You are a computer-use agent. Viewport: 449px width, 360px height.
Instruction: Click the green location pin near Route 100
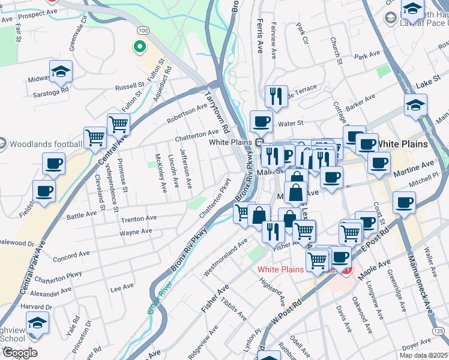point(139,46)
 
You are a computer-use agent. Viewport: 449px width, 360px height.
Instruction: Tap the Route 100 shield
point(143,30)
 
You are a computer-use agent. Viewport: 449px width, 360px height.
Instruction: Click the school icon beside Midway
point(61,72)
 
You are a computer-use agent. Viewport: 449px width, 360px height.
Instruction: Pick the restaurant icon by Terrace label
point(276,96)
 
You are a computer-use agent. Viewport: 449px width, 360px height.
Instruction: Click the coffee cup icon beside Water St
point(261,122)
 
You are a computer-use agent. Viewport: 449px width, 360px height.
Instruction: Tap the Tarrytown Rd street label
point(217,112)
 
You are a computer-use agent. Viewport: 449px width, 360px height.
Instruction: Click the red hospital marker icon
point(346,270)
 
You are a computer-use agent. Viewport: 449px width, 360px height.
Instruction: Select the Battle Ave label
point(82,214)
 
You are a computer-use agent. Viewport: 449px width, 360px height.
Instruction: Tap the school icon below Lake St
point(415,106)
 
